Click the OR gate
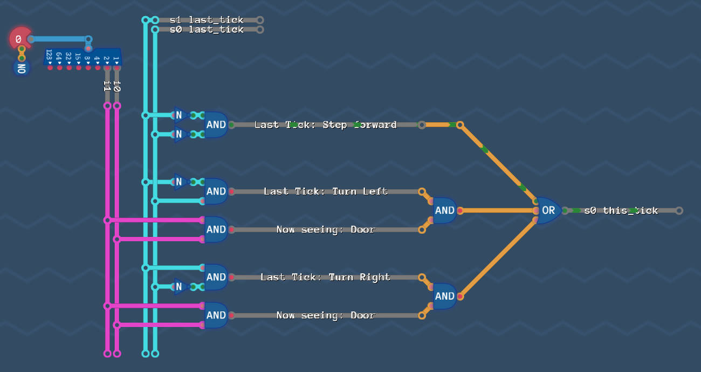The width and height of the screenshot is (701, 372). [548, 210]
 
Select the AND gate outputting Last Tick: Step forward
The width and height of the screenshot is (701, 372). [216, 125]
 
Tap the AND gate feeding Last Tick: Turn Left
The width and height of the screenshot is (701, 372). [216, 191]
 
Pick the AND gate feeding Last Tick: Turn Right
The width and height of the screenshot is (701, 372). [216, 277]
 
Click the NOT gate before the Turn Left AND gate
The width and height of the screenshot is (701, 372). [180, 182]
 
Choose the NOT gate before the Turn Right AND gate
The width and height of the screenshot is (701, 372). [180, 287]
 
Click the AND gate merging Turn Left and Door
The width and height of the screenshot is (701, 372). [444, 210]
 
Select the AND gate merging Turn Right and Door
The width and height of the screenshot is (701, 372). [444, 296]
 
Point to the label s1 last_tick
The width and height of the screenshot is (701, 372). [207, 20]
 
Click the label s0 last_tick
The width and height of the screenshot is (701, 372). [207, 30]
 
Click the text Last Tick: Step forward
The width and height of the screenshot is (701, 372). [325, 125]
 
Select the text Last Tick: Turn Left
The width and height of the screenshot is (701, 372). [325, 191]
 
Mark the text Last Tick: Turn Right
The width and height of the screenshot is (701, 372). [325, 277]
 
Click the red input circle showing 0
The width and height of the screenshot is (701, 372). [19, 39]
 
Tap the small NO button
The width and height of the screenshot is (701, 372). [21, 68]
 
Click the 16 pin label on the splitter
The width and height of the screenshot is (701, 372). [78, 56]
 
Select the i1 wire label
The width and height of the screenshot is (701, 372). [107, 86]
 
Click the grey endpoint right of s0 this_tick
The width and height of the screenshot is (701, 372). [679, 211]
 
